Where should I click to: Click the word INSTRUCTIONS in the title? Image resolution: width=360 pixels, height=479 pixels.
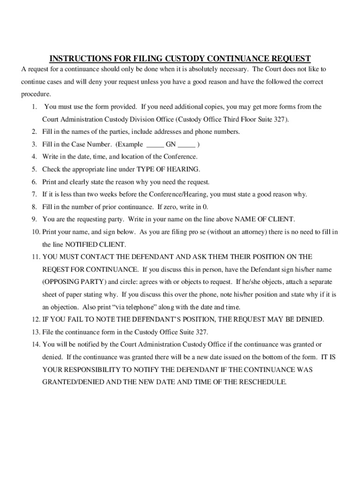coord(77,58)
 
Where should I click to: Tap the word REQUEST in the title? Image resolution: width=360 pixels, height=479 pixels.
coord(289,58)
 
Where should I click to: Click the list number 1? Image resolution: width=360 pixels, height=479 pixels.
coord(35,107)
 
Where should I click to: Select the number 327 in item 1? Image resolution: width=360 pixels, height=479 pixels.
coord(281,119)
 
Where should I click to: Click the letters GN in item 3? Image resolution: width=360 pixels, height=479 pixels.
coord(171,145)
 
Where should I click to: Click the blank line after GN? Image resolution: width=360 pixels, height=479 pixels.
coord(187,145)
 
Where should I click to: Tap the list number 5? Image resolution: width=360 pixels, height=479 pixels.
coord(35,169)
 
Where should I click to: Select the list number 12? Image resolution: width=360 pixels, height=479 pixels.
coord(36,319)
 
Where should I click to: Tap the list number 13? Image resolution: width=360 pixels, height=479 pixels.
coord(36,332)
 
